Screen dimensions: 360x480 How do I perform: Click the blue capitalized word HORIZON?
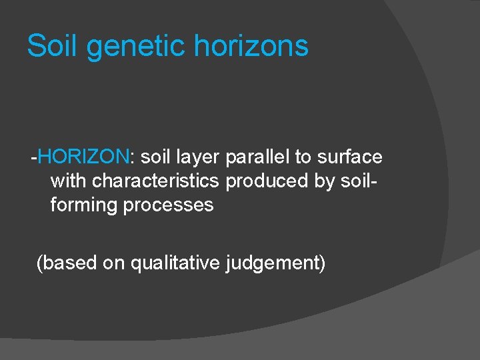pyautogui.click(x=84, y=157)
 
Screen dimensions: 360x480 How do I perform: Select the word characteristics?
pyautogui.click(x=155, y=181)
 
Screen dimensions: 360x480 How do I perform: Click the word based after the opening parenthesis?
pyautogui.click(x=69, y=263)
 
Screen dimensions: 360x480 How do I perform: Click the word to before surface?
pyautogui.click(x=303, y=157)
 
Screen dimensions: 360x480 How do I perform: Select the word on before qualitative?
pyautogui.click(x=114, y=263)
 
